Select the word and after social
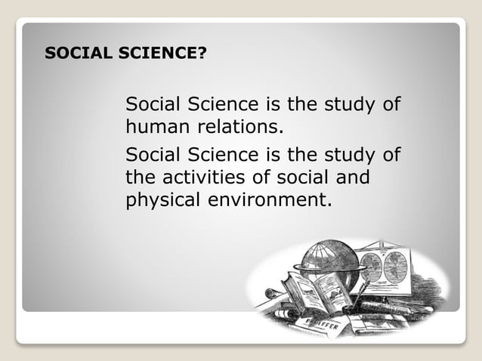coord(354,179)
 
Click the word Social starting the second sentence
coord(148,156)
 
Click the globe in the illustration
coord(328,261)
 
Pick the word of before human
coord(391,103)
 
